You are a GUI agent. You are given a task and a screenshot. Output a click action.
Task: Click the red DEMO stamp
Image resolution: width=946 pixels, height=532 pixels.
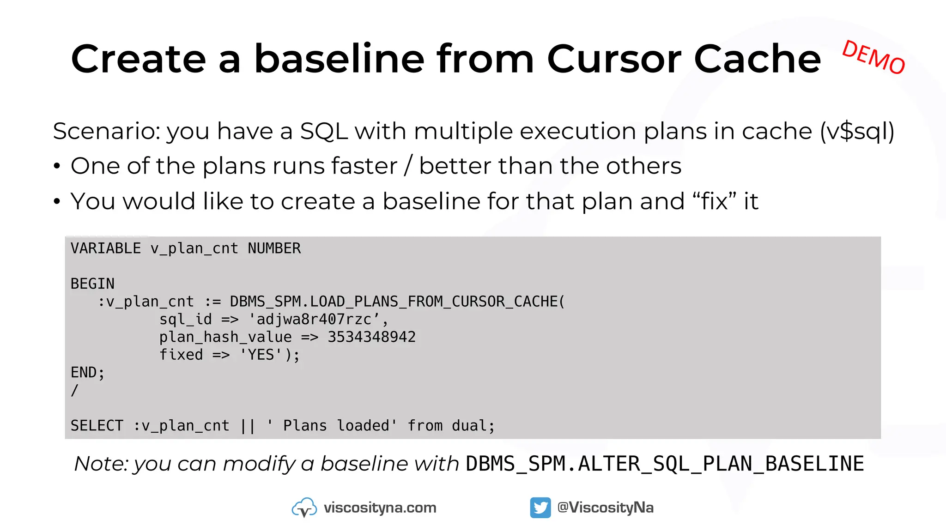(x=873, y=57)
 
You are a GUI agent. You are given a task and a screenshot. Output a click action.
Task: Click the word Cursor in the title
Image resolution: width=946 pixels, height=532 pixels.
(x=614, y=59)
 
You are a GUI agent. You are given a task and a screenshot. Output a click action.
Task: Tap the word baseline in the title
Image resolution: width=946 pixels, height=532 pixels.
(x=339, y=59)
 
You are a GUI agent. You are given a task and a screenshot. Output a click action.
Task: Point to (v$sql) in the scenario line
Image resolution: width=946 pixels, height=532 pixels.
(x=857, y=132)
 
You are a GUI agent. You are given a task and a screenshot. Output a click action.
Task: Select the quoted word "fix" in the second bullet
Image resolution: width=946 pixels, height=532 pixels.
(x=715, y=201)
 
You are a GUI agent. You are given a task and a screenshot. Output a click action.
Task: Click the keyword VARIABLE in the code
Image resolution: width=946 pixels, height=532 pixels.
(x=106, y=248)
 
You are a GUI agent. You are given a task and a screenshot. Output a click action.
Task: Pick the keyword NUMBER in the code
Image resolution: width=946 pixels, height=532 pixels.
(x=274, y=248)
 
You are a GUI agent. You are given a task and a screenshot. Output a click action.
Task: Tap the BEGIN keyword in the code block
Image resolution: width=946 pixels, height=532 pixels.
(x=92, y=284)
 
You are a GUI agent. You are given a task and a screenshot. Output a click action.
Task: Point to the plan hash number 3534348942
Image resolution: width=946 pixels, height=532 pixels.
(x=371, y=337)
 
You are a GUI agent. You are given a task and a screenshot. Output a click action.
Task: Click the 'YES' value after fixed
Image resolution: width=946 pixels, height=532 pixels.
(x=261, y=355)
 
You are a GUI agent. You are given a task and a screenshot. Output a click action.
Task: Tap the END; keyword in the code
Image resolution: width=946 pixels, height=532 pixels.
(x=88, y=372)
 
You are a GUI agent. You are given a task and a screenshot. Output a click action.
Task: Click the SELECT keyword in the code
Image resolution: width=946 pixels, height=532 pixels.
(x=97, y=425)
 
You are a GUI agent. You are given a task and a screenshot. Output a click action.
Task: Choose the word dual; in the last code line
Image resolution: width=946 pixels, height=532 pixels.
(x=473, y=425)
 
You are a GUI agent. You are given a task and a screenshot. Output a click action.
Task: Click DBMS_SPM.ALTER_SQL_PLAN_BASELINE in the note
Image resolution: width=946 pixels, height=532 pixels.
(x=665, y=464)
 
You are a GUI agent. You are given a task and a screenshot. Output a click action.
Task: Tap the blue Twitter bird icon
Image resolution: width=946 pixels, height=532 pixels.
(x=540, y=508)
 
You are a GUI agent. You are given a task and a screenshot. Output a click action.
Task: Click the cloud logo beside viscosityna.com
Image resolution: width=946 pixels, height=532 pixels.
(x=304, y=508)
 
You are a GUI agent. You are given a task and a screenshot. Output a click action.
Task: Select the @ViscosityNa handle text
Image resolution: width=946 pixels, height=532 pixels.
(x=606, y=508)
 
